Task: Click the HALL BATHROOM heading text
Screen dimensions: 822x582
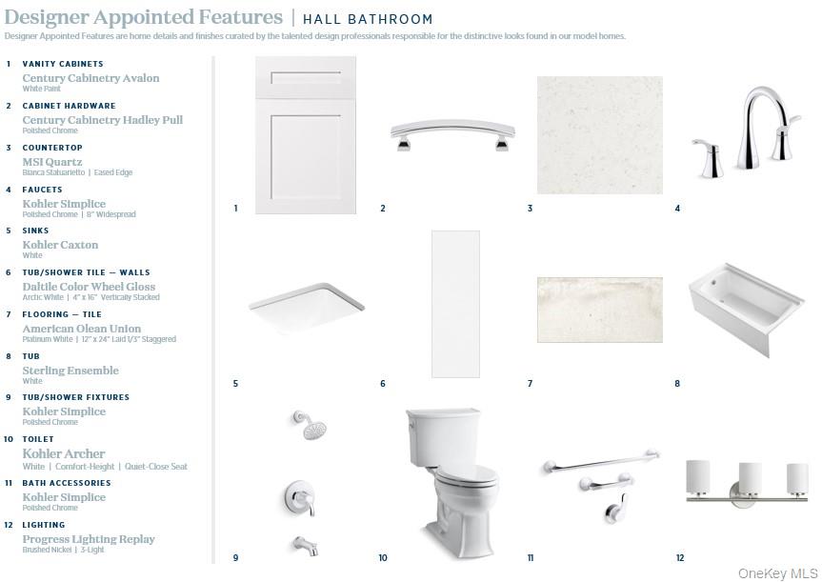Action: (x=368, y=19)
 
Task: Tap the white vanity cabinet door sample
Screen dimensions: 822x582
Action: (x=306, y=134)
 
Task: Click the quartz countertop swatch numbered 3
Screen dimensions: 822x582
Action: (x=600, y=135)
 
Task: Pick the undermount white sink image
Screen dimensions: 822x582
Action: (x=307, y=308)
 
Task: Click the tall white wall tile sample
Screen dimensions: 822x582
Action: (x=455, y=304)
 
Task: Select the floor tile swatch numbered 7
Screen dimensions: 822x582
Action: (x=600, y=310)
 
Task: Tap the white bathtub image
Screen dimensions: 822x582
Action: (x=747, y=309)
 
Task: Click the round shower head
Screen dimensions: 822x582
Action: (x=311, y=425)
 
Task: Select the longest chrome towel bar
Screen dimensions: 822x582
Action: (x=601, y=461)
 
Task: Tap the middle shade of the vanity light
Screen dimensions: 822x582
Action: (x=750, y=478)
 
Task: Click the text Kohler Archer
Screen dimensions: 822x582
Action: (x=64, y=453)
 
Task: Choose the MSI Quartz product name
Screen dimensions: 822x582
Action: (x=51, y=162)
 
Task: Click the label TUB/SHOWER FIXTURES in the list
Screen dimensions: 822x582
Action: (x=75, y=397)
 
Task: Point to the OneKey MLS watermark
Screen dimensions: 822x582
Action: (x=777, y=573)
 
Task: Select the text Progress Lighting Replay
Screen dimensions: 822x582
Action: (x=89, y=539)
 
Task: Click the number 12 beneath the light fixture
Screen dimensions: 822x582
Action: (x=680, y=558)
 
